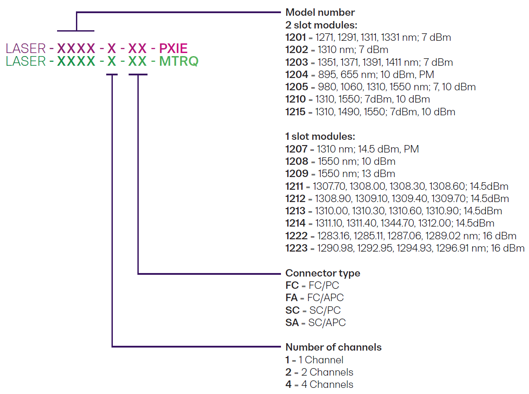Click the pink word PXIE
(x=173, y=48)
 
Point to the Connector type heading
(x=323, y=273)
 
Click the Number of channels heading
(x=334, y=347)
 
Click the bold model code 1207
(x=296, y=149)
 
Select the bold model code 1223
(x=296, y=248)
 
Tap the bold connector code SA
(x=292, y=323)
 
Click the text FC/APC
(x=326, y=298)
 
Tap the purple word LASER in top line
(x=26, y=48)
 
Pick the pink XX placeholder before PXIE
(x=137, y=48)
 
